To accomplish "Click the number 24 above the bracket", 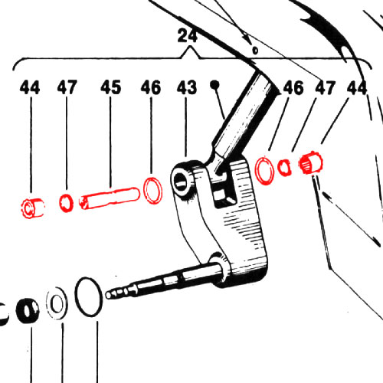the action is point(188,36).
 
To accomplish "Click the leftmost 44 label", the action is point(30,87).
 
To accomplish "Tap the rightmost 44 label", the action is point(357,88).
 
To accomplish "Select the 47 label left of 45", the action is point(67,87).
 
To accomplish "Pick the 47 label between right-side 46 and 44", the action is point(325,88).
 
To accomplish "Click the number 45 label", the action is point(110,87).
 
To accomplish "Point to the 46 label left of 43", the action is point(151,87).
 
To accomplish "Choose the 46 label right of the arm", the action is point(293,88).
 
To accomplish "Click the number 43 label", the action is point(187,87).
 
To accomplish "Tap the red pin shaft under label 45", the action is point(110,198).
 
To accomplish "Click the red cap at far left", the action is point(33,208).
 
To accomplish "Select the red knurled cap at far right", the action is point(311,162).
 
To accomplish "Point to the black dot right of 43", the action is point(214,84).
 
